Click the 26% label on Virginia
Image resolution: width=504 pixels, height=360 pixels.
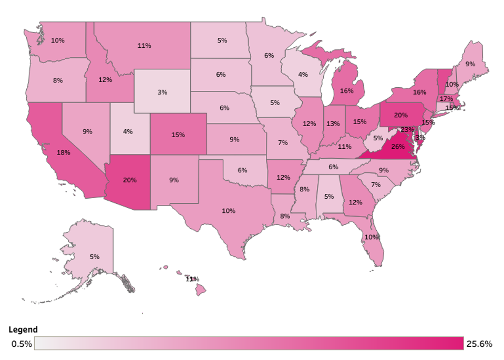(398, 147)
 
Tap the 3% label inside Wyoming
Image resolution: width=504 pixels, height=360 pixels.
(162, 92)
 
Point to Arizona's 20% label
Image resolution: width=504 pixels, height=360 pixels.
(130, 180)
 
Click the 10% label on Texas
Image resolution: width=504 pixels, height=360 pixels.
(228, 211)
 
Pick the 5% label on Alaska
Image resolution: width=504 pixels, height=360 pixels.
(95, 257)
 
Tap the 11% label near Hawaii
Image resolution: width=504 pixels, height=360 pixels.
(192, 279)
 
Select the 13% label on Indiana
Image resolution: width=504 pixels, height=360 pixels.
(332, 124)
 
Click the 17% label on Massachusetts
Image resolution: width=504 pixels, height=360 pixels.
(446, 99)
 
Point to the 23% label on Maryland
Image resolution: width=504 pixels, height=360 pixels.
(407, 129)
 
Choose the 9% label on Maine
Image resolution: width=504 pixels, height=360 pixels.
(470, 64)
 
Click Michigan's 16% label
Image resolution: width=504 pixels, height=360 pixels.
(346, 90)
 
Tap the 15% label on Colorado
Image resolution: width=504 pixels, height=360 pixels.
(178, 135)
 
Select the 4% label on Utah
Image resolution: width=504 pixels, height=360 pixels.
(128, 131)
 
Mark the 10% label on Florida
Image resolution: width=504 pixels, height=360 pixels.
(372, 237)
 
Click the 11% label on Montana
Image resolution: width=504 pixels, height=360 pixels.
(144, 46)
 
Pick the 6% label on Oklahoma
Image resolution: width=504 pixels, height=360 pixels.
(242, 170)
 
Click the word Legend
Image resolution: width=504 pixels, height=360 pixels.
(23, 330)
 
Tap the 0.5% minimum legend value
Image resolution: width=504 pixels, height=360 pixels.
(22, 344)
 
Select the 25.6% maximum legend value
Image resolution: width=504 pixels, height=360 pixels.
(479, 344)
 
